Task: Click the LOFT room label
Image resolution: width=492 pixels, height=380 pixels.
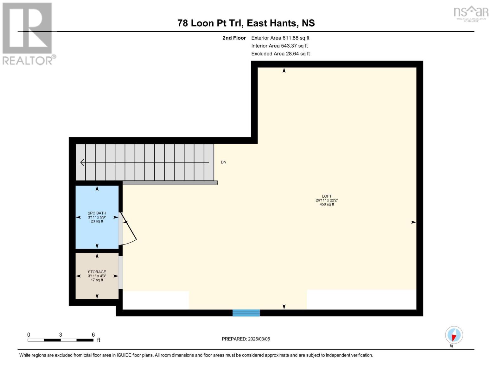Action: pos(327,196)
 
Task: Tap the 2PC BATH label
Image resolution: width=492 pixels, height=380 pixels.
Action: pos(97,213)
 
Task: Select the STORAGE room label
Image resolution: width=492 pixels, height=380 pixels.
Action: pos(97,272)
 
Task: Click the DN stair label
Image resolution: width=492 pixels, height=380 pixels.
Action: pos(224,162)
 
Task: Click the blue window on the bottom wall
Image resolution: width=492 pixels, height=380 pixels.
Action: pos(246,313)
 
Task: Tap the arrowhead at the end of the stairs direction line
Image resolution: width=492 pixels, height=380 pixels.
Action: pos(82,162)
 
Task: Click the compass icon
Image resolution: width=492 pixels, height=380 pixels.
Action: pos(454,335)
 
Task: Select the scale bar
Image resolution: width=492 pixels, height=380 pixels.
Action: pos(60,340)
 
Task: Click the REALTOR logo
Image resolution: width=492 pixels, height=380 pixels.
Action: pos(28,33)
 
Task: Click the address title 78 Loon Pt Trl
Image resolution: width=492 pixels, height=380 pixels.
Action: pos(246,23)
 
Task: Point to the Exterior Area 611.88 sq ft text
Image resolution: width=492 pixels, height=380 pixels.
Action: pos(280,38)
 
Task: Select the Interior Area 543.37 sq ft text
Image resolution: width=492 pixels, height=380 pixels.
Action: pos(279,46)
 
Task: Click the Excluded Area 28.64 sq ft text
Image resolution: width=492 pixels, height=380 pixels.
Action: pos(280,54)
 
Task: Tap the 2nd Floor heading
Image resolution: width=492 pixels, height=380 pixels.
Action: pos(234,38)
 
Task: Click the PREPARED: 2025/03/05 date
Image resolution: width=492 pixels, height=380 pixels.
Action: pos(246,339)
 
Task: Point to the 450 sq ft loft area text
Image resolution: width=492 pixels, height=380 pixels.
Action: pos(327,205)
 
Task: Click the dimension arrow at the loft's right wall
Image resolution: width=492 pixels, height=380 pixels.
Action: pos(413,222)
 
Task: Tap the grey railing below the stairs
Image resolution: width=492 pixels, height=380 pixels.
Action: pos(170,183)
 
